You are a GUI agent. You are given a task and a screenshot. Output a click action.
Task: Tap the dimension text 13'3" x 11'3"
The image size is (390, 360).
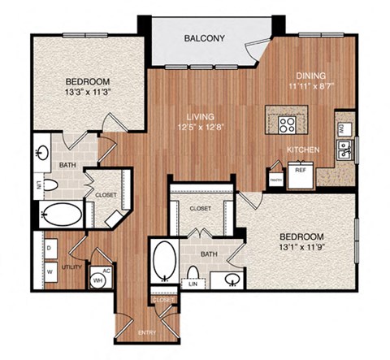88,92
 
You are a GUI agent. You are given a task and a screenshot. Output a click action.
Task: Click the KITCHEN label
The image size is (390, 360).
303,150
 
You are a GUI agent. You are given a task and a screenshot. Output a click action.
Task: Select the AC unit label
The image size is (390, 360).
106,272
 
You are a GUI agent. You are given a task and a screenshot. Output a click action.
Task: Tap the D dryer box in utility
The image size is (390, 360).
49,244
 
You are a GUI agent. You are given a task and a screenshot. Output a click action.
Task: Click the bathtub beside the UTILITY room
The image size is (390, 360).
61,215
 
